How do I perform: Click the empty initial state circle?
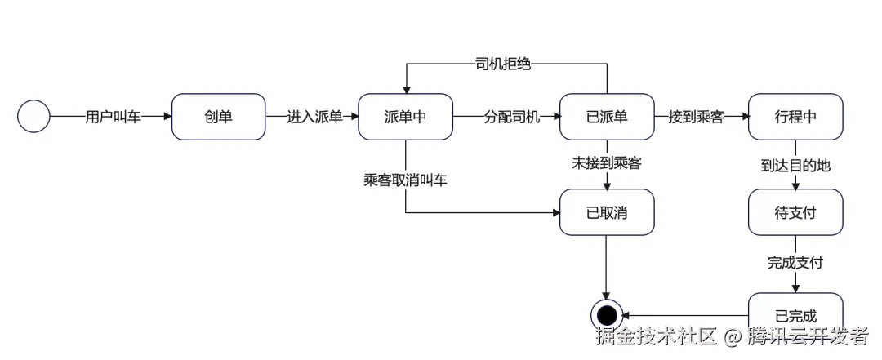(33, 117)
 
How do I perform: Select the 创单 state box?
(218, 117)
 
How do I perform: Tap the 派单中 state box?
(405, 117)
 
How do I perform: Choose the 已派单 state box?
(606, 117)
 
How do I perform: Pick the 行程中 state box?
(795, 117)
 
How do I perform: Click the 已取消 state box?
(606, 212)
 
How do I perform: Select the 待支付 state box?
(795, 212)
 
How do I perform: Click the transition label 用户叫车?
(113, 117)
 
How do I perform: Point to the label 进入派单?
(314, 117)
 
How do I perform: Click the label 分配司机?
(512, 117)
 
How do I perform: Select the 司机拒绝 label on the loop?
(503, 64)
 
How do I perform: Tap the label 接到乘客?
(696, 117)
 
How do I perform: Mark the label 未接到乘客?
(606, 163)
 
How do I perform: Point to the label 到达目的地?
(795, 165)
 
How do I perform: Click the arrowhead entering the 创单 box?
(167, 117)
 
